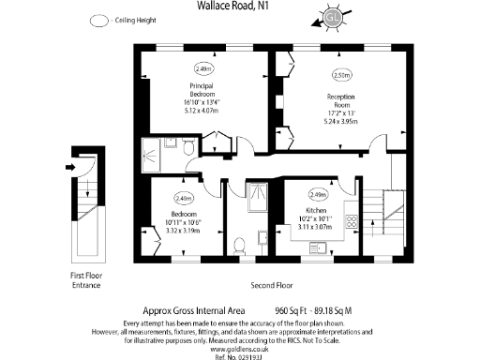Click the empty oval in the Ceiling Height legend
point(97,20)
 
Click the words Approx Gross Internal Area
point(194,307)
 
